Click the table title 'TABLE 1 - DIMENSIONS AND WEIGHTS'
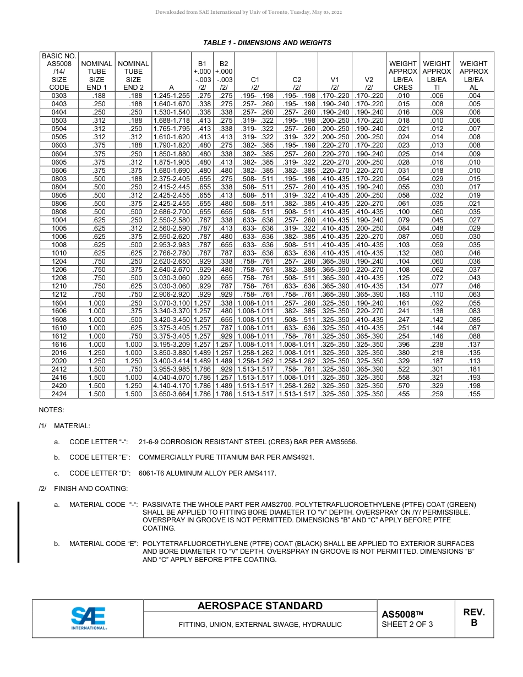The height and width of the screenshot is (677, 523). point(267,43)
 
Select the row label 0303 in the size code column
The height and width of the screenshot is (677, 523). point(59,95)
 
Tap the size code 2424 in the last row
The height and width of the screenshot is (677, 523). point(59,394)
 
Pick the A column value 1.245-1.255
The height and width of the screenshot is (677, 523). point(171,95)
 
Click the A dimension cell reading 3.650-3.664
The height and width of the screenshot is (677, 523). point(171,394)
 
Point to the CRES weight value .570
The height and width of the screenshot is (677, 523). point(403,386)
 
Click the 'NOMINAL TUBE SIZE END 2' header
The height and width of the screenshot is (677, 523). point(133,75)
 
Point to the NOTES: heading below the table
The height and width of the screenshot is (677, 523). point(51,410)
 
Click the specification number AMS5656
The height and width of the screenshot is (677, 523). point(341,442)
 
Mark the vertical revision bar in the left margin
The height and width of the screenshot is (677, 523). point(19,532)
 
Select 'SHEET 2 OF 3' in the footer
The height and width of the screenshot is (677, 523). point(407,624)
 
